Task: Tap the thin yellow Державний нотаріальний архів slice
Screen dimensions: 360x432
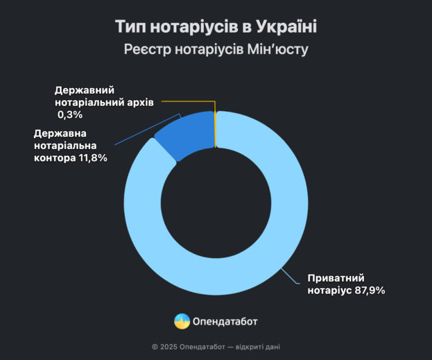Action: (216, 129)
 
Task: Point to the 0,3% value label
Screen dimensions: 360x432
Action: (71, 114)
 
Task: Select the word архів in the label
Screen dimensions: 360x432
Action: (138, 102)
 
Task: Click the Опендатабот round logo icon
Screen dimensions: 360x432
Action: (182, 321)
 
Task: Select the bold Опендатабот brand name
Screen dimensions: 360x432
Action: (227, 321)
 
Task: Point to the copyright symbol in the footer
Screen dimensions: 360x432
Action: (155, 348)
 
